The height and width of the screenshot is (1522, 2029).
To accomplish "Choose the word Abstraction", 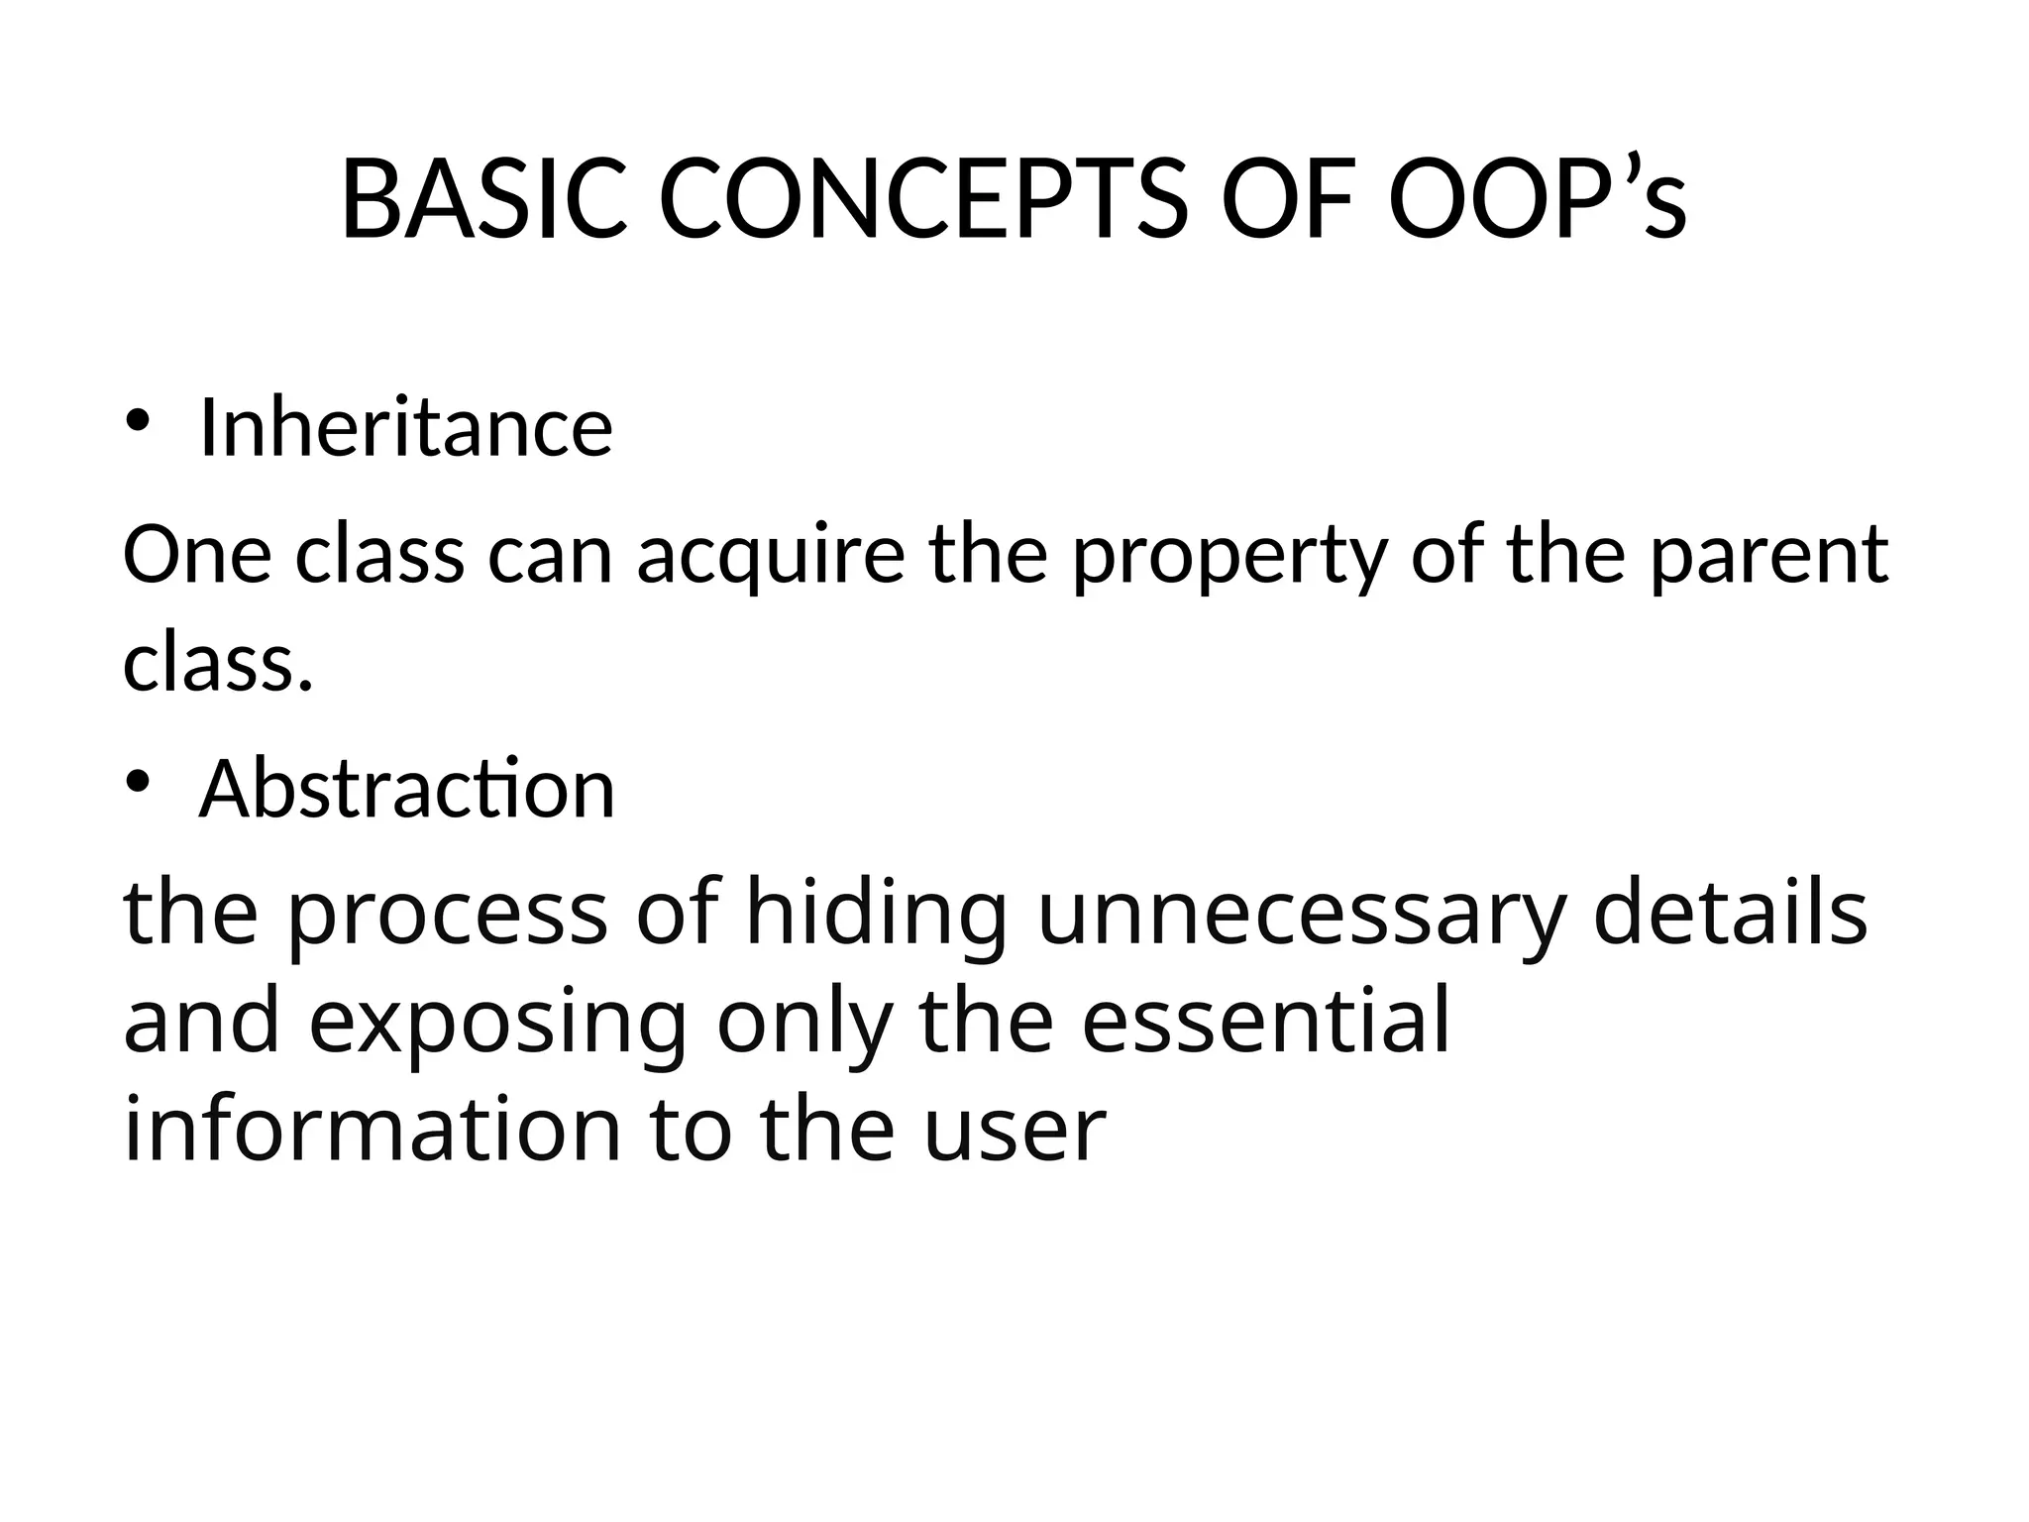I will click(407, 789).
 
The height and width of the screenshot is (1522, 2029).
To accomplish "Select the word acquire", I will click(771, 557).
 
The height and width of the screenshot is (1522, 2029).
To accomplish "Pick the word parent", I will click(1769, 557).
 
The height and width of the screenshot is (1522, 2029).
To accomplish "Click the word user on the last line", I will click(1014, 1132).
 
